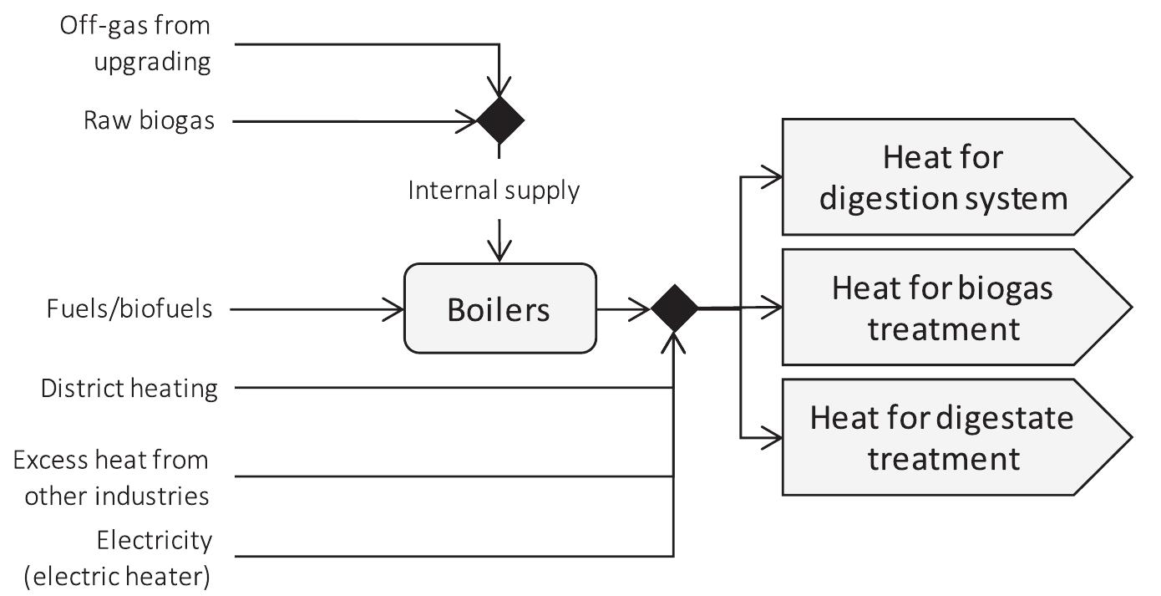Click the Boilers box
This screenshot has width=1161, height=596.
499,308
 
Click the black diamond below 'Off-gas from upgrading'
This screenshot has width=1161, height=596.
499,120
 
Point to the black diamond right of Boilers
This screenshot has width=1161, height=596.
674,308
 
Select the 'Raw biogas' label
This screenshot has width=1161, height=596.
149,120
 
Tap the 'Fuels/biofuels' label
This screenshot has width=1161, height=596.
129,308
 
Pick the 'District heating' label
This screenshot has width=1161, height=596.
129,388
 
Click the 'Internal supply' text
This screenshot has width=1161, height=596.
493,191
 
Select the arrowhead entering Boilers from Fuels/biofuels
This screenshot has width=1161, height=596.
393,308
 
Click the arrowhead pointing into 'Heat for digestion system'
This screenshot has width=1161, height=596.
773,176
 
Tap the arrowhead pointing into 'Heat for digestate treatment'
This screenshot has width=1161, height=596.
773,437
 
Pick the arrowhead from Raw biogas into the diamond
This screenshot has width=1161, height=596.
466,120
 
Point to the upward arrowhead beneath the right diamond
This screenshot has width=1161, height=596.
673,340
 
